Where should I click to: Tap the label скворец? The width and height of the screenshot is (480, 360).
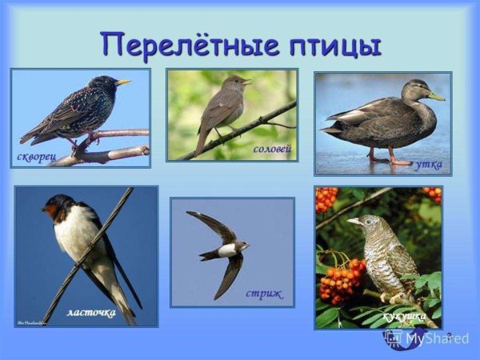(35, 155)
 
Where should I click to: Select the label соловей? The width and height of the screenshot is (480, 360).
(271, 150)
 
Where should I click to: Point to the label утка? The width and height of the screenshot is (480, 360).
(429, 164)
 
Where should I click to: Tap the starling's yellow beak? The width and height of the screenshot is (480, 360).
(123, 82)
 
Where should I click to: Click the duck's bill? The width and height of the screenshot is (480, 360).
(435, 97)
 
